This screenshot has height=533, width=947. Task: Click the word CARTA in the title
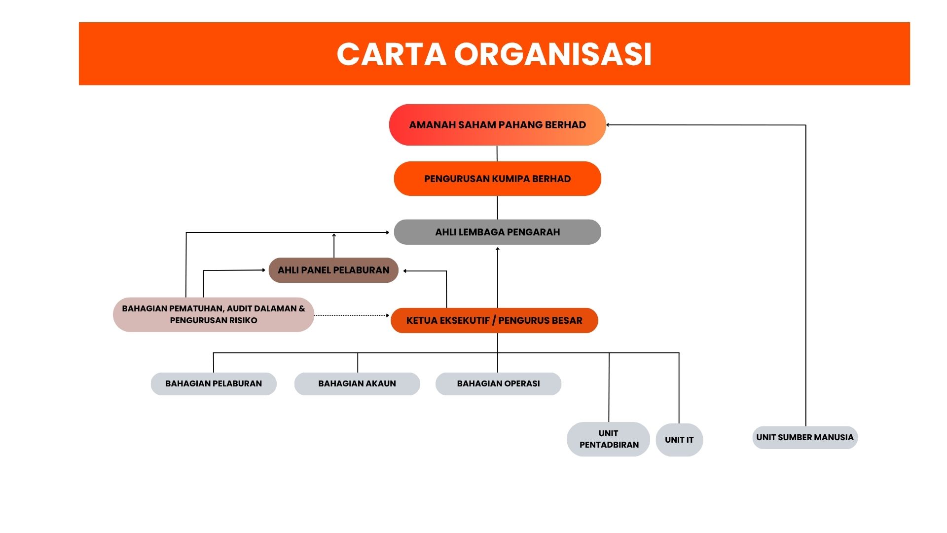tap(392, 54)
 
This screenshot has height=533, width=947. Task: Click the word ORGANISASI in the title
tap(553, 54)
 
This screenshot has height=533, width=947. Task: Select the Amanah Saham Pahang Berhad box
tap(497, 125)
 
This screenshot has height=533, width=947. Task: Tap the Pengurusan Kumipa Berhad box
tap(497, 179)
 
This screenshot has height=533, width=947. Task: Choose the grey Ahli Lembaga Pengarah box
tap(497, 232)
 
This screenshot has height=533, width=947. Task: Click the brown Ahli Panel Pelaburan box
tap(333, 270)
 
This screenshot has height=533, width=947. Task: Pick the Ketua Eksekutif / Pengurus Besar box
tap(494, 320)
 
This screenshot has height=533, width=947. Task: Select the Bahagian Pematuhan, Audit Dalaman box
tap(214, 314)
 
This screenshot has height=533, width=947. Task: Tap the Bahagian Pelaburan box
tap(214, 383)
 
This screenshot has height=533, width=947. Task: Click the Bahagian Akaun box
tap(357, 383)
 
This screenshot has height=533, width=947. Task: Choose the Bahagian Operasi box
tap(498, 383)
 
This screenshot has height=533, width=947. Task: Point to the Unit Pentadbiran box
tap(609, 439)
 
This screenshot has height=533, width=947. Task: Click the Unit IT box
tap(679, 440)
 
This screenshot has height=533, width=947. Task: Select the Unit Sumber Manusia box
tap(805, 437)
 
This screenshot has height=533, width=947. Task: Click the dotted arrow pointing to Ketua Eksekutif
tap(352, 315)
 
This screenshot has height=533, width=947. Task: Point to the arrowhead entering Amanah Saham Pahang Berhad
tap(608, 125)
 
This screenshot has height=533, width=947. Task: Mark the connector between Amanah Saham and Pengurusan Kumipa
tap(497, 153)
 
